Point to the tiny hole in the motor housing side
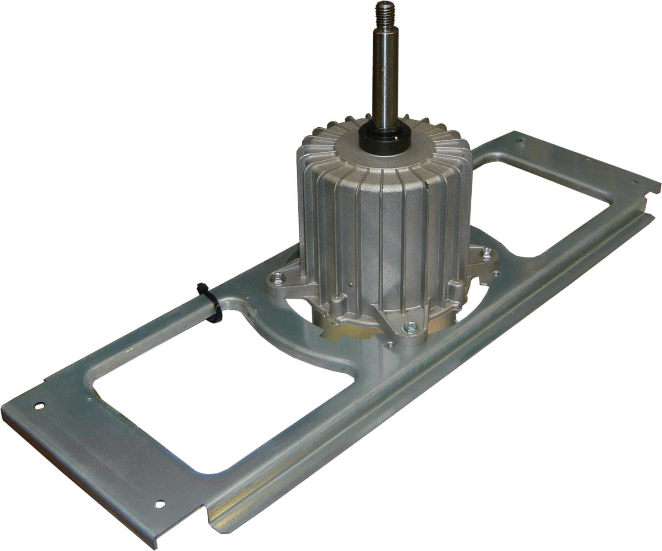350,284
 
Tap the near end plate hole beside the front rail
160,503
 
